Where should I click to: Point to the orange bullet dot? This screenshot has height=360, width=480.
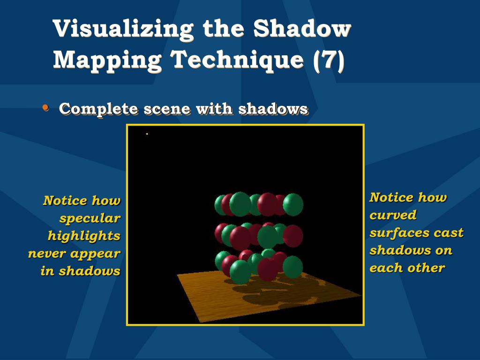pos(45,108)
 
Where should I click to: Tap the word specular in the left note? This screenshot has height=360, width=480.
pos(90,218)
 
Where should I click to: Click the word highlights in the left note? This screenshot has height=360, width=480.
pos(84,236)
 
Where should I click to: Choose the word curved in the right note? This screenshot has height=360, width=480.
pos(393,215)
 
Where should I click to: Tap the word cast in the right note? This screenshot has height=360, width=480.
pos(449,232)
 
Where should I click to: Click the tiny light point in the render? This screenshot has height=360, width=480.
pos(147,134)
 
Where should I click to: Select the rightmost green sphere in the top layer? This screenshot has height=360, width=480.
pos(293,205)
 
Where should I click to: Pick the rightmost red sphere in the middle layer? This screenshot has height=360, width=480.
pos(293,236)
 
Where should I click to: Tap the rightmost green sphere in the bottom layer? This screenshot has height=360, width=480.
pos(293,267)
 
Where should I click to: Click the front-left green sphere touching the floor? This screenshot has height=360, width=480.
pos(240,272)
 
